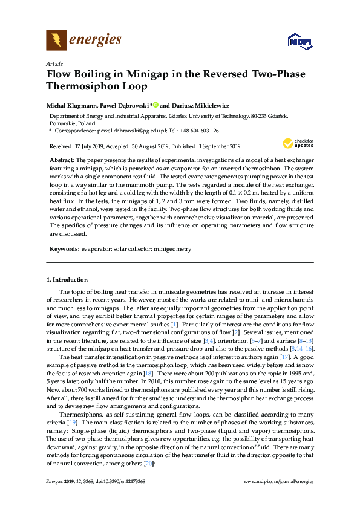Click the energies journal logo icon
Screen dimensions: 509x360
(x=56, y=41)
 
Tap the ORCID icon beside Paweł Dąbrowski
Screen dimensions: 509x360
(x=154, y=105)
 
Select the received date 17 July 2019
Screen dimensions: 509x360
(x=91, y=146)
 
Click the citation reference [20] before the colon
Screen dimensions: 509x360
(x=148, y=464)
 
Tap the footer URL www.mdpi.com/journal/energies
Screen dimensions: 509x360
(x=278, y=498)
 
